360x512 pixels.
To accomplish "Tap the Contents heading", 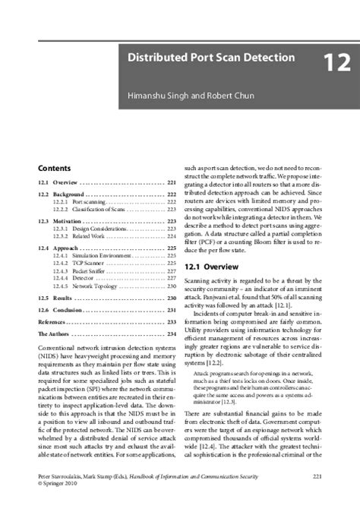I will coord(55,168).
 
